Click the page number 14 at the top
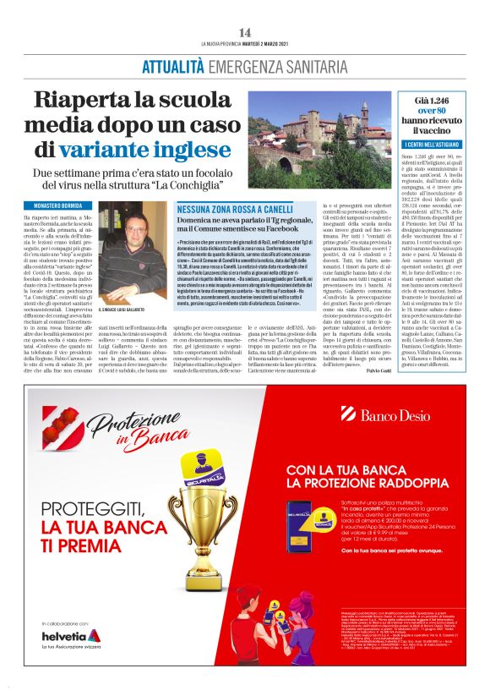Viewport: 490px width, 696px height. pos(245,32)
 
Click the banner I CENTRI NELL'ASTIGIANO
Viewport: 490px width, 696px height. pos(431,146)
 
